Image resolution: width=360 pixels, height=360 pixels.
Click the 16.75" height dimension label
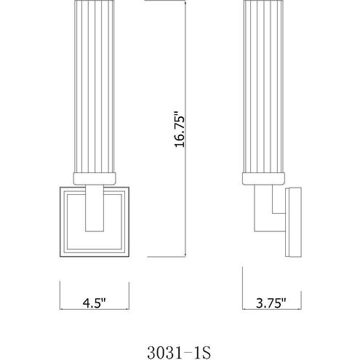click(180, 129)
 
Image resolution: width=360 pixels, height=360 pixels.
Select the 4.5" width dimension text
click(95, 303)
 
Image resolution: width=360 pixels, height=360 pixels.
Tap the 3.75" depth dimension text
click(271, 303)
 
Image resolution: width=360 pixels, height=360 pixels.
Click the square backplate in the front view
click(64, 222)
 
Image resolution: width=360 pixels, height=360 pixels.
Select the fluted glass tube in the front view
click(95, 87)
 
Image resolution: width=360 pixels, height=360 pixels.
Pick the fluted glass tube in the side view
click(263, 87)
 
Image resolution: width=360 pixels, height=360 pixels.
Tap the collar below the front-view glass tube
click(95, 179)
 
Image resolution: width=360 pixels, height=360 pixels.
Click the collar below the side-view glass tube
click(263, 179)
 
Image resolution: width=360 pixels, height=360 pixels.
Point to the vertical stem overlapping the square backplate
click(95, 208)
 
